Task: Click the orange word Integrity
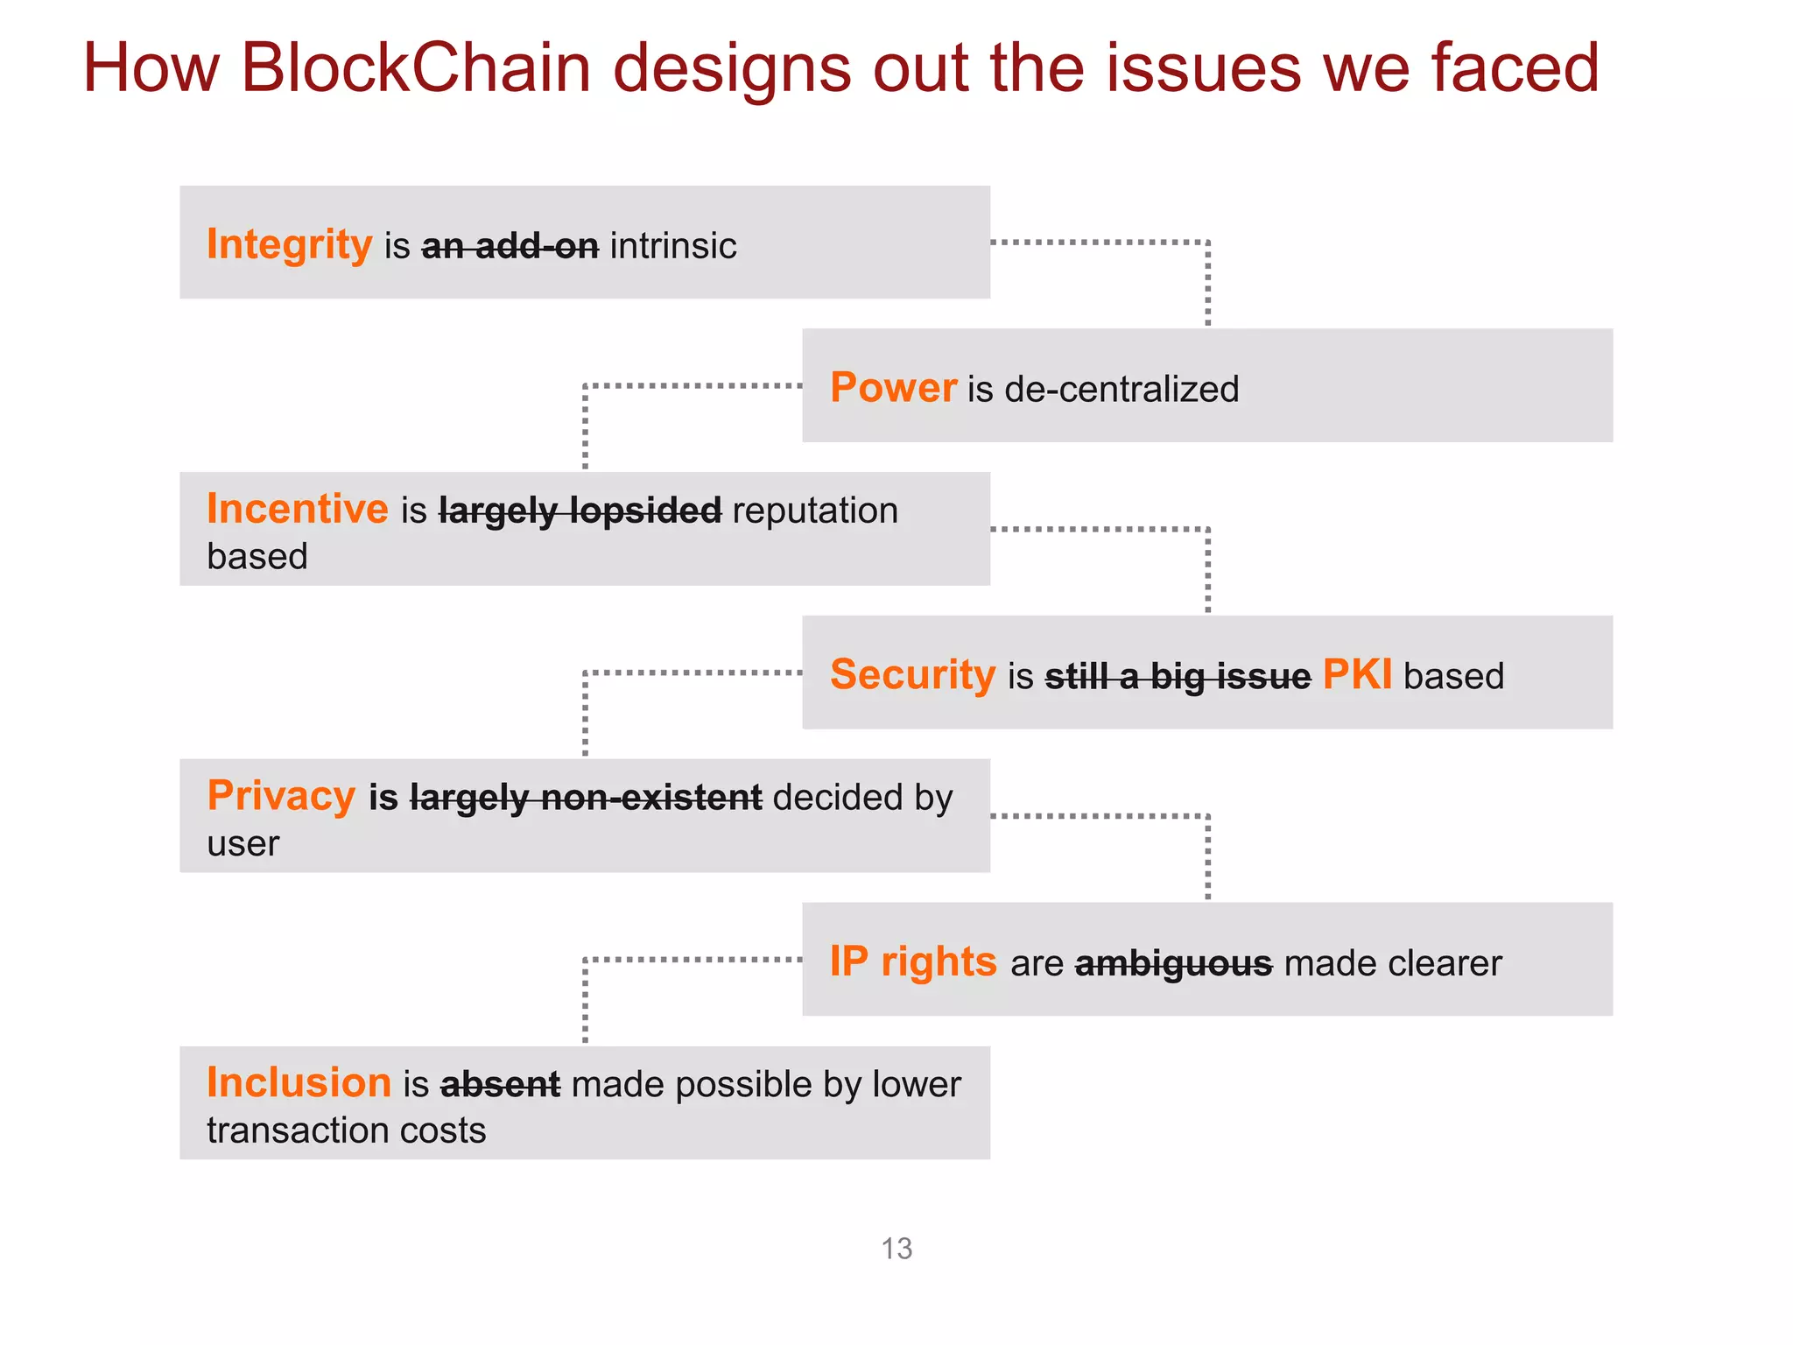click(289, 245)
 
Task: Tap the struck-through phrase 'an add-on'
click(510, 247)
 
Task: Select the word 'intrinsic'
click(672, 247)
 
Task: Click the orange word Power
click(892, 389)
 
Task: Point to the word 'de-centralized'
click(1121, 390)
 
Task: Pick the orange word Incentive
click(297, 510)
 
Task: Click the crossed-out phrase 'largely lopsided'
click(580, 511)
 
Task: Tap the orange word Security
click(912, 676)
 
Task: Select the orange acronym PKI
click(1356, 676)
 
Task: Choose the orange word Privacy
click(281, 797)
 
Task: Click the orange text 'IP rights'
click(912, 962)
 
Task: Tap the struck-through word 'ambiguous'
click(1173, 964)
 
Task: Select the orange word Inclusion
click(299, 1084)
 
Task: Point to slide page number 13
click(896, 1249)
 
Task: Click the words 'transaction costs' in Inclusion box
click(346, 1131)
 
